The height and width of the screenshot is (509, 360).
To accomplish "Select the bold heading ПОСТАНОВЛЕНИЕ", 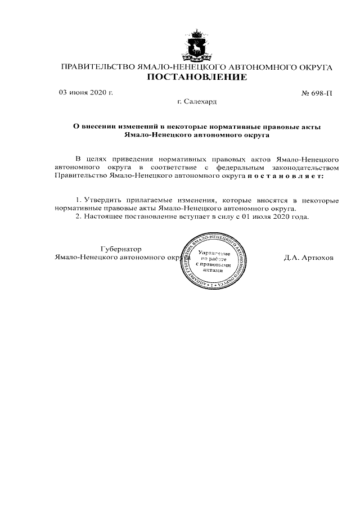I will [x=196, y=78].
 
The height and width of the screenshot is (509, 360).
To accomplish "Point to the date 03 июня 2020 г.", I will [x=86, y=93].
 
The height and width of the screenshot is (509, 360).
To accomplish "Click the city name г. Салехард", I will [x=196, y=102].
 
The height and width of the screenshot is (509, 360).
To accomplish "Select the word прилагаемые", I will [x=148, y=200].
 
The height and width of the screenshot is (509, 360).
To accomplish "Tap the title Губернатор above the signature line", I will [x=120, y=249].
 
